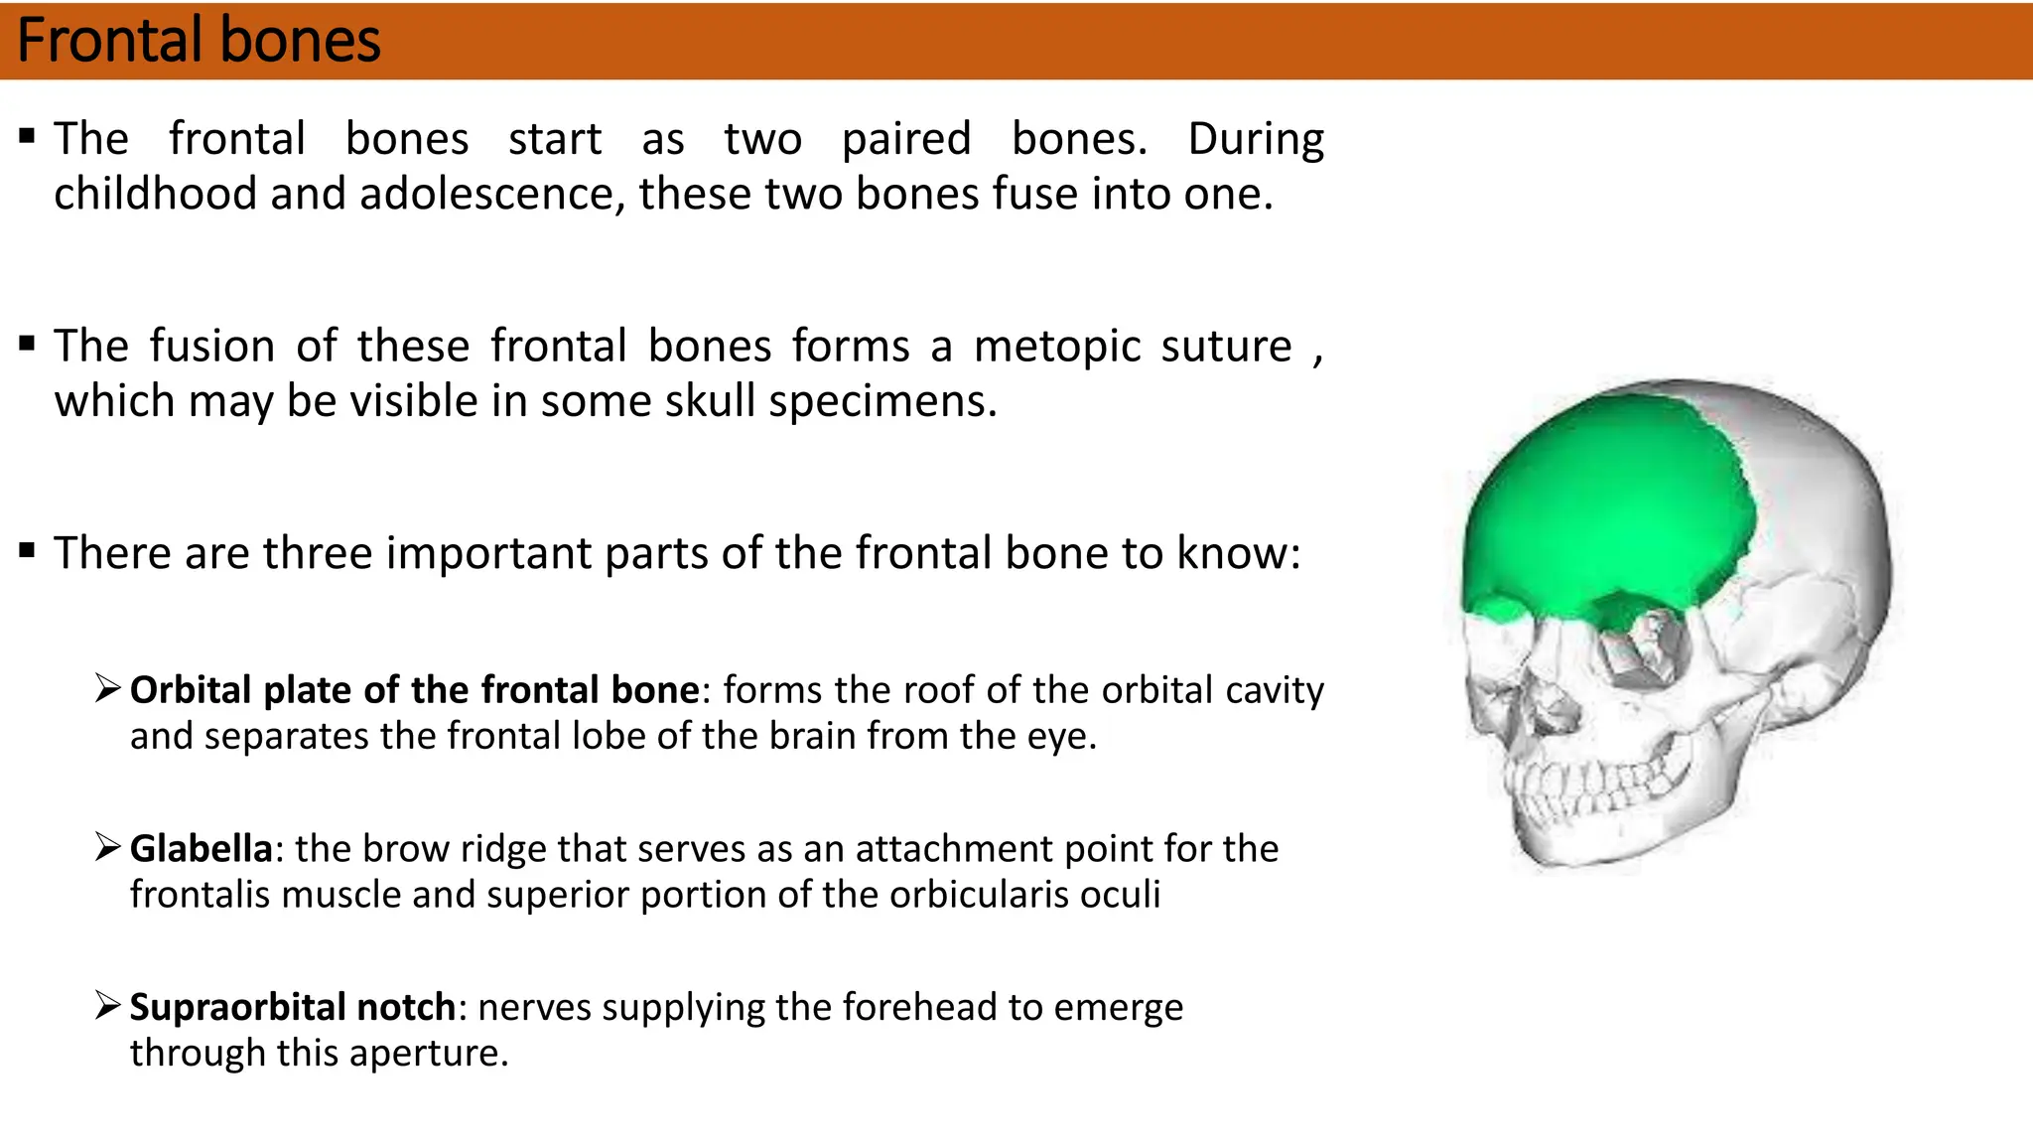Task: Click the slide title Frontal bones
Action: click(199, 41)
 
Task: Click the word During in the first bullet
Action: click(1256, 139)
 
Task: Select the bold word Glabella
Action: click(201, 849)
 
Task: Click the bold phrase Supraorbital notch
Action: click(292, 1008)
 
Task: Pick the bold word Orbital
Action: click(191, 690)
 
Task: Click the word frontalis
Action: click(200, 895)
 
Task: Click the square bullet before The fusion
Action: click(28, 345)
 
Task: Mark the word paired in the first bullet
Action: click(906, 139)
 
